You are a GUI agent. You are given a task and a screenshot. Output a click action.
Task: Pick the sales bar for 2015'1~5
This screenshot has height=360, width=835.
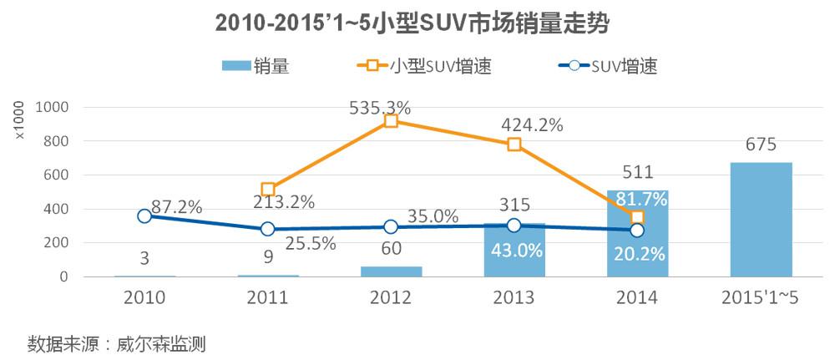(761, 219)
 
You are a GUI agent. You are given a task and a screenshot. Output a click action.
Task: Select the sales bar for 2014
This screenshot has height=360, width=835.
(637, 234)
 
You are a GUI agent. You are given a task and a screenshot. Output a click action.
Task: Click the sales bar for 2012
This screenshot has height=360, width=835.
(391, 271)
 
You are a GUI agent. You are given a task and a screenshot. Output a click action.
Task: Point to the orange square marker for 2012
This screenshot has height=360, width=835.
(391, 121)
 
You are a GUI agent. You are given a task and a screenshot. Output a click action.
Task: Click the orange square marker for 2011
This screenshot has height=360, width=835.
(268, 190)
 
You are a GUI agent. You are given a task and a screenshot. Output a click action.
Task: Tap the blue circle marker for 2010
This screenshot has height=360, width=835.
(144, 215)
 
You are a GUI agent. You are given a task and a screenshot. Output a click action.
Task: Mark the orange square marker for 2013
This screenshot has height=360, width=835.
(514, 145)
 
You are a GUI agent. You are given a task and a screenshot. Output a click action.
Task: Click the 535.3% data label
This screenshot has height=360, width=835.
(391, 107)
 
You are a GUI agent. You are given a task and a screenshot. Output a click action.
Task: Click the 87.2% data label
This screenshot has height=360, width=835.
(177, 207)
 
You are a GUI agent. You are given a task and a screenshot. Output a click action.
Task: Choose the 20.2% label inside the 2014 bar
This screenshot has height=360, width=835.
(637, 254)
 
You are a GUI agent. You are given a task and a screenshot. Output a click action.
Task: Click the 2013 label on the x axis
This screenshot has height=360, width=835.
(514, 297)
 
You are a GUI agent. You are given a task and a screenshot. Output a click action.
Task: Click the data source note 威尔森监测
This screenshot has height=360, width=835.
(116, 343)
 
